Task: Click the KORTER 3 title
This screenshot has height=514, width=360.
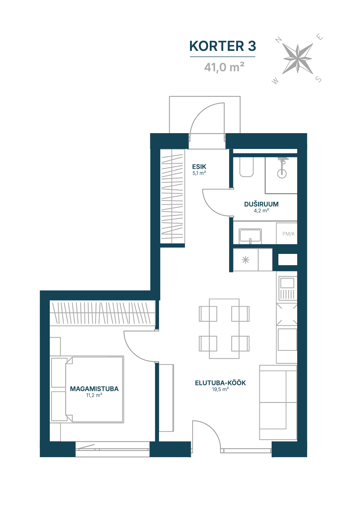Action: click(x=223, y=46)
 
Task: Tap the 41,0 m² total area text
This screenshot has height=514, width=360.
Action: click(x=224, y=67)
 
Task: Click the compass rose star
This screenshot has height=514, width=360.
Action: click(x=298, y=59)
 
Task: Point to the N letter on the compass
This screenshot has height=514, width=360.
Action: click(x=278, y=40)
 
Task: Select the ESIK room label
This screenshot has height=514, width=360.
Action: click(x=199, y=167)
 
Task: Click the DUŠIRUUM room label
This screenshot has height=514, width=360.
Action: click(x=261, y=204)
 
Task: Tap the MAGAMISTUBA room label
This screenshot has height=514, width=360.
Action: click(x=94, y=389)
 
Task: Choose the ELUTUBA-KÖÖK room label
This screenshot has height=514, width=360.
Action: click(x=220, y=383)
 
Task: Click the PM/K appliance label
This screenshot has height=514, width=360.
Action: click(x=288, y=234)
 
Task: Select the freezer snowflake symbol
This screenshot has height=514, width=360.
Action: click(x=245, y=260)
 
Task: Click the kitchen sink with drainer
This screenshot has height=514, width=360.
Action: click(x=287, y=288)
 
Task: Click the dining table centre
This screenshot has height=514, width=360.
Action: click(x=224, y=329)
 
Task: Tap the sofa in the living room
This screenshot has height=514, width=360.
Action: click(x=278, y=402)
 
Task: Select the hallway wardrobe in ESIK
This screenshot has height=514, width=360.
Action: click(x=172, y=196)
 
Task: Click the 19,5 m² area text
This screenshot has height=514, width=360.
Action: click(x=220, y=389)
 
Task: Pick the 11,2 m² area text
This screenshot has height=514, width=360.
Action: click(x=94, y=395)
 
